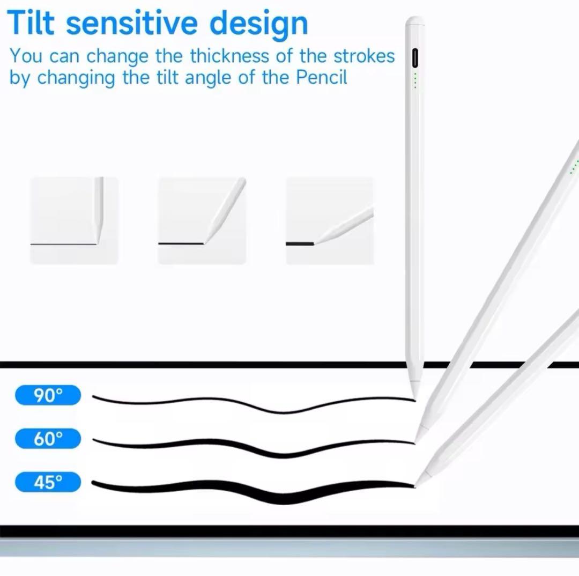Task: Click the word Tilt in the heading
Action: pyautogui.click(x=31, y=23)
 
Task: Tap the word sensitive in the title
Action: pyautogui.click(x=131, y=23)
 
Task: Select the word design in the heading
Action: pyautogui.click(x=258, y=24)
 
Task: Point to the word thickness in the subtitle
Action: pyautogui.click(x=229, y=56)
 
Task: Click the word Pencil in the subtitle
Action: pyautogui.click(x=321, y=77)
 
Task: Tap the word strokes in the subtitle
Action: pyautogui.click(x=364, y=56)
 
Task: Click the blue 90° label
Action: pyautogui.click(x=48, y=395)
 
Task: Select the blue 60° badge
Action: pyautogui.click(x=48, y=439)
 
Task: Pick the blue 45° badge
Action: pyautogui.click(x=48, y=482)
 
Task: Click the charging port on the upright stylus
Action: pyautogui.click(x=414, y=58)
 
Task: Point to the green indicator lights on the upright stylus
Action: pyautogui.click(x=415, y=80)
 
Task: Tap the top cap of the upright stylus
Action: pyautogui.click(x=414, y=21)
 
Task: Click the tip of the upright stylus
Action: pyautogui.click(x=414, y=399)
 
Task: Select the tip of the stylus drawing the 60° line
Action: pyautogui.click(x=415, y=442)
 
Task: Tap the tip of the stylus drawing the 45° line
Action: pyautogui.click(x=415, y=485)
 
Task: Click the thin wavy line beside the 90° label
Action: pyautogui.click(x=253, y=403)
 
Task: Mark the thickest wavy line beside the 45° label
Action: pyautogui.click(x=253, y=491)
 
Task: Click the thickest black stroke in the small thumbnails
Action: pyautogui.click(x=300, y=244)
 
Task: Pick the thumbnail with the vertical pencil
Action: pyautogui.click(x=74, y=220)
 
